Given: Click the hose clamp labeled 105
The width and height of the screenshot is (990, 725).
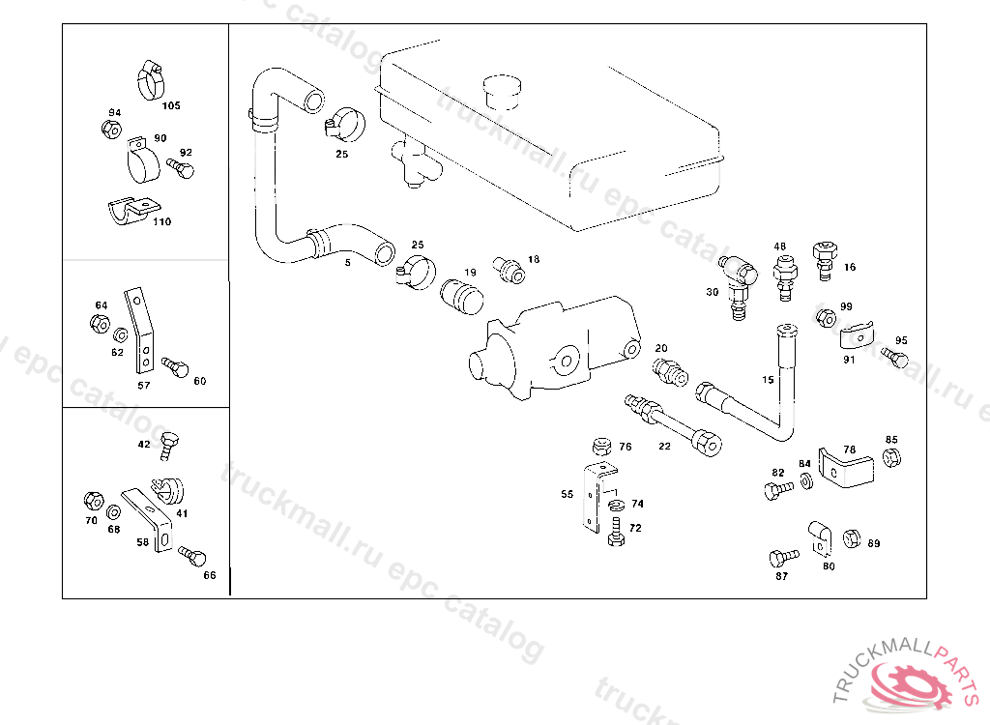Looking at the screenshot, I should pos(151,79).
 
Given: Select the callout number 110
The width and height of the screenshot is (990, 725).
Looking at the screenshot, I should pos(161,221).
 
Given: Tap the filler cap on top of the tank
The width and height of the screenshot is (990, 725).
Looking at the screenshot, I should pos(501,88).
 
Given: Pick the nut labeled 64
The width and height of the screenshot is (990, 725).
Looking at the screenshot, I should pos(100,324).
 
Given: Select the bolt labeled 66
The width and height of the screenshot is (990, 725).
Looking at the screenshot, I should pos(191,556).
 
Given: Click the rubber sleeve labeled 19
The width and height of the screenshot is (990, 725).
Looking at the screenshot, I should pos(460,296).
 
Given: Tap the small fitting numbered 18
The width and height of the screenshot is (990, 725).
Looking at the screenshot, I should pos(510,268).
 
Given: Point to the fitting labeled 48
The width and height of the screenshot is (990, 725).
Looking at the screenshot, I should pos(783,275).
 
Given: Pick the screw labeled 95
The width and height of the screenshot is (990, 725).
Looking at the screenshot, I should pos(896,359).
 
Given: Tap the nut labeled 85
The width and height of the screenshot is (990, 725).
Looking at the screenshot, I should pos(892,458).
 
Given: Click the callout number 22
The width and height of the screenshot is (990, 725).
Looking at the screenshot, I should pos(664,446).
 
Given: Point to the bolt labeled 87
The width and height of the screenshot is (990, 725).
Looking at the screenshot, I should pos(782,558).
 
